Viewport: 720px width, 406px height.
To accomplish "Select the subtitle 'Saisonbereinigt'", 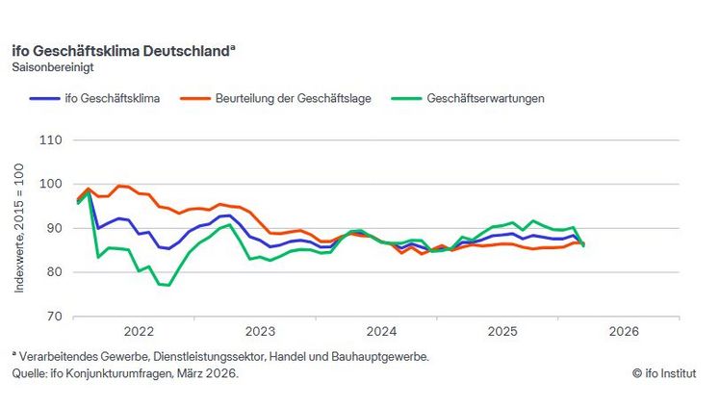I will click(x=53, y=67).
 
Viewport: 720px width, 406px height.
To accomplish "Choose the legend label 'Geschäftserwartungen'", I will click(x=486, y=98).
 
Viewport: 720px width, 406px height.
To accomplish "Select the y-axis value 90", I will click(x=54, y=229).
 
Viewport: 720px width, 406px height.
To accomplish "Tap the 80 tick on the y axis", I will click(x=54, y=272).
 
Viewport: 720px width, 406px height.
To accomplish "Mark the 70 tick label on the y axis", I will click(x=54, y=317).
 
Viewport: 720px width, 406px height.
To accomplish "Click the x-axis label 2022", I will click(x=139, y=332).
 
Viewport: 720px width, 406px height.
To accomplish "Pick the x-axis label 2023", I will click(x=260, y=332).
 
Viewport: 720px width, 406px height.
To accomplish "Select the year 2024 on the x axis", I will click(x=381, y=332).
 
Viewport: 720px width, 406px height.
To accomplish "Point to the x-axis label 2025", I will click(x=502, y=332).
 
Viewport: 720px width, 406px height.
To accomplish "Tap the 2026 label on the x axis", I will click(x=624, y=332).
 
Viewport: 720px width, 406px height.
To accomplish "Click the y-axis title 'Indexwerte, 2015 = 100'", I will click(x=19, y=228).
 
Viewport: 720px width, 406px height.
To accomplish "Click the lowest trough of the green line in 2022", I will click(x=167, y=286).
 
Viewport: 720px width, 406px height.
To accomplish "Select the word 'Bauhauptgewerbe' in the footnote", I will click(x=384, y=356).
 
